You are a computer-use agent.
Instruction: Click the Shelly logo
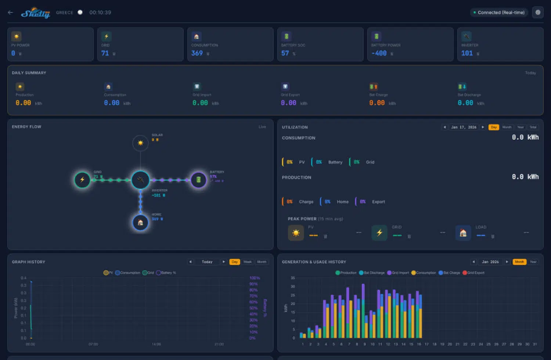point(35,13)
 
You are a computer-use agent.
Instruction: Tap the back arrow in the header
point(10,12)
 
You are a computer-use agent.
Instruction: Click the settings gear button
point(538,12)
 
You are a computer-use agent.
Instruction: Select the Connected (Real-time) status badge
point(499,12)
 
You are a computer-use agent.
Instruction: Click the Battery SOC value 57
point(285,53)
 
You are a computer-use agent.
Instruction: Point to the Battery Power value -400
point(379,53)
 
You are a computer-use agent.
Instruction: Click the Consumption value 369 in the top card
point(197,53)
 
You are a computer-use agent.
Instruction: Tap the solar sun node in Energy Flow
point(140,143)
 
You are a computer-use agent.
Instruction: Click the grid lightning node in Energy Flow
point(82,180)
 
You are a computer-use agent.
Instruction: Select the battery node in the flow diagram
point(198,180)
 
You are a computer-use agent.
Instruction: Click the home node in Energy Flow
point(140,223)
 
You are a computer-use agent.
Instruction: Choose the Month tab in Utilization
point(507,127)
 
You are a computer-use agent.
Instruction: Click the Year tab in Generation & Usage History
point(533,262)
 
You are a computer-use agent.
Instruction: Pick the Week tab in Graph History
point(248,262)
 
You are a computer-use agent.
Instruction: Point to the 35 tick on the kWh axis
point(293,278)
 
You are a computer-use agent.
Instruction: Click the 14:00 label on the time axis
point(156,344)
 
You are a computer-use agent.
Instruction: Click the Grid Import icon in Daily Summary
point(197,87)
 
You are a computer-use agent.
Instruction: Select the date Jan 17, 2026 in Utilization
point(464,127)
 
